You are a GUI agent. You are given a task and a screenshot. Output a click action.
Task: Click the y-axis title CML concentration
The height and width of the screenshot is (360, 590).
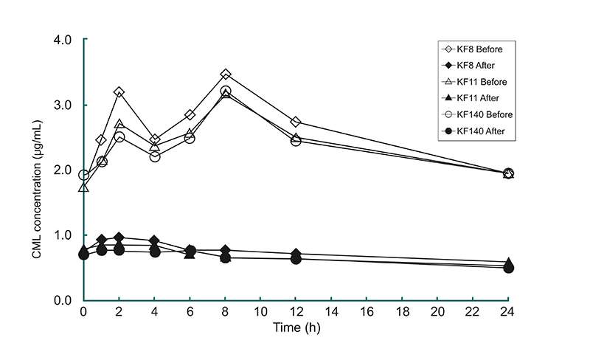(x=36, y=170)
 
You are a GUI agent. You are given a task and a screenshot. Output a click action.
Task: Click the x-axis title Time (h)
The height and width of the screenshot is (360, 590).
(x=294, y=326)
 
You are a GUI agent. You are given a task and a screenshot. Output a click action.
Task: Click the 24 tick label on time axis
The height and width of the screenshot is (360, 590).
(x=507, y=311)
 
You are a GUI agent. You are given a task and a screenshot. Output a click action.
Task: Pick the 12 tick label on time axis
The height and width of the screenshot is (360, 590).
(x=296, y=311)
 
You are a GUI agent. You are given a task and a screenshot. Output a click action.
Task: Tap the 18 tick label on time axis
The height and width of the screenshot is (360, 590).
(x=402, y=311)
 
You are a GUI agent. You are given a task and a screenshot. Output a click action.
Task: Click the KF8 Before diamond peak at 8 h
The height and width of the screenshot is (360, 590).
(x=226, y=75)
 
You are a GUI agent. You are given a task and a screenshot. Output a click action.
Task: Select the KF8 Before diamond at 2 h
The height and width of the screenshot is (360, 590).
(x=119, y=92)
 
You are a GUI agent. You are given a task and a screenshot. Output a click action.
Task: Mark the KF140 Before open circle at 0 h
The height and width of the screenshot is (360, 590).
(x=84, y=175)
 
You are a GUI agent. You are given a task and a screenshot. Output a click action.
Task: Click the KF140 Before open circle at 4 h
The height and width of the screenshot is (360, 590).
(x=155, y=156)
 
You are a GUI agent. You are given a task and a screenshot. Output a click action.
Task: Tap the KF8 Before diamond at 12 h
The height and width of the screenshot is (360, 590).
(x=296, y=122)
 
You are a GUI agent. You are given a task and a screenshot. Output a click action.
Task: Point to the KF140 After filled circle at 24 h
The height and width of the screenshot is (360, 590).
(x=507, y=267)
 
